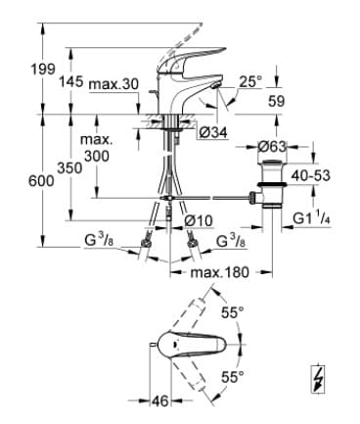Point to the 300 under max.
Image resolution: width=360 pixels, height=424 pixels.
[x=97, y=157]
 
